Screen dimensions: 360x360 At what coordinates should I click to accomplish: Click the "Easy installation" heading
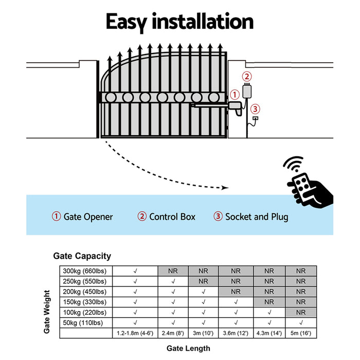click(x=179, y=22)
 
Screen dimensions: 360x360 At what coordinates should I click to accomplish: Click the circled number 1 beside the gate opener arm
click(x=235, y=94)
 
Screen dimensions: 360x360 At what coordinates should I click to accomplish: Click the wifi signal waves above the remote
click(x=294, y=166)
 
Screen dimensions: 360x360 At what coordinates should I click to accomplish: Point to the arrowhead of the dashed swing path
click(x=225, y=188)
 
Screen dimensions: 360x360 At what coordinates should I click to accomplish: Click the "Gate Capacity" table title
click(x=82, y=256)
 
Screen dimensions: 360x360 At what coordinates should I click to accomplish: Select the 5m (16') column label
click(x=301, y=333)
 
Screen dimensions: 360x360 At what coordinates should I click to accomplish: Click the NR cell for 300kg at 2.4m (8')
click(x=173, y=271)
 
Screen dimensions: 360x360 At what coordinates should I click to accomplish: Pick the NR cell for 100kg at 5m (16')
click(x=301, y=312)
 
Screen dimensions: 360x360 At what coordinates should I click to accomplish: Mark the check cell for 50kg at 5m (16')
click(x=301, y=322)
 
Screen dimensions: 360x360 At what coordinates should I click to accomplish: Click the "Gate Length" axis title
click(x=188, y=348)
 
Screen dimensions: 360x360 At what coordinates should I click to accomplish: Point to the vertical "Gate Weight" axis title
click(x=47, y=312)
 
